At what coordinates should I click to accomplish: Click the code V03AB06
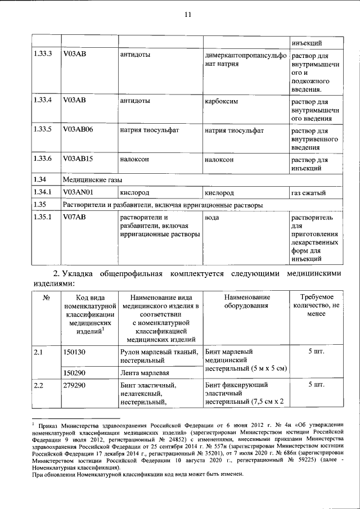[x=78, y=130]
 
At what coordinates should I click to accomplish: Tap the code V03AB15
[x=78, y=159]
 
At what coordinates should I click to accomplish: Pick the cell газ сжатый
[x=310, y=193]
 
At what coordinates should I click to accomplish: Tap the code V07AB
[x=74, y=217]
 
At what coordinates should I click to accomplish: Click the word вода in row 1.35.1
[x=212, y=217]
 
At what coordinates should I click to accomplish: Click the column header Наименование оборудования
[x=247, y=301]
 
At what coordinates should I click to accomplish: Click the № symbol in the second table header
[x=44, y=298]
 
